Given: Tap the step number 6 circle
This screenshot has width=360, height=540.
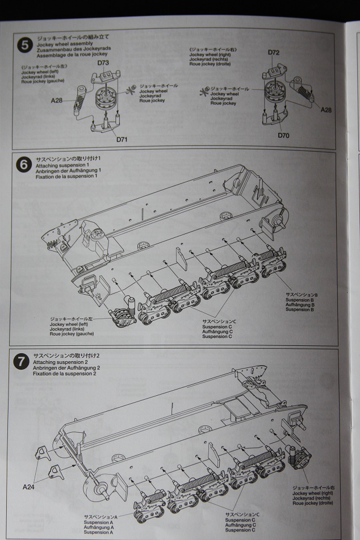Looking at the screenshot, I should (x=23, y=165).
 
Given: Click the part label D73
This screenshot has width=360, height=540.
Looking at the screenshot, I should (x=103, y=63).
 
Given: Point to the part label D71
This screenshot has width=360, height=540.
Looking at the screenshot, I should (x=123, y=140).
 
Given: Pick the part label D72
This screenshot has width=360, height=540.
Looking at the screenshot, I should (x=274, y=53).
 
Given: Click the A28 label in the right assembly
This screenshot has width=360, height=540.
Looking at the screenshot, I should (x=325, y=110).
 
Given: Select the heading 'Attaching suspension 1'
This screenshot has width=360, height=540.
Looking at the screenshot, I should (x=59, y=165).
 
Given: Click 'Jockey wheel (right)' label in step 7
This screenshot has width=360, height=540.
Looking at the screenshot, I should (x=312, y=493).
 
